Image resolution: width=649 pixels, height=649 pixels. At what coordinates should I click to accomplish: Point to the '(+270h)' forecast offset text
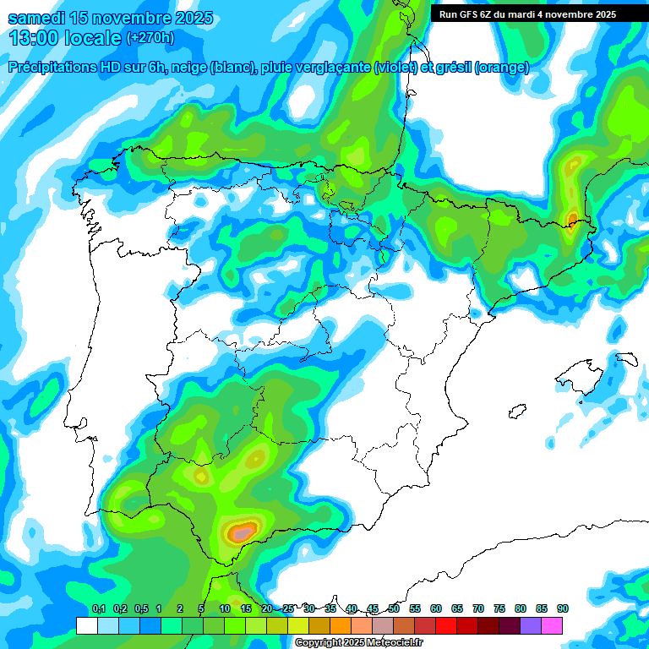150,38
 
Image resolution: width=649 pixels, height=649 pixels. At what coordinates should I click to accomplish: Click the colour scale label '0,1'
99,608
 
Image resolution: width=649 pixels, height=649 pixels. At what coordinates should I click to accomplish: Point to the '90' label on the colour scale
562,608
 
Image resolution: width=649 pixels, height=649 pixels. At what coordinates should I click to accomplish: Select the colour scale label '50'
394,608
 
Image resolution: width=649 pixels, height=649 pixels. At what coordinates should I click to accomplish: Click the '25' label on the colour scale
288,608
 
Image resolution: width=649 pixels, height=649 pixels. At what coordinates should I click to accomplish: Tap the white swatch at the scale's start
86,625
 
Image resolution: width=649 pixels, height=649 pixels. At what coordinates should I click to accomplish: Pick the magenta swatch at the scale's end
552,625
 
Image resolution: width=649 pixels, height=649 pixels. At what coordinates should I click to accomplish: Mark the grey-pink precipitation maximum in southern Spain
242,533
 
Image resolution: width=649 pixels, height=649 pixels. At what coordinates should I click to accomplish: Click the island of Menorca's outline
626,358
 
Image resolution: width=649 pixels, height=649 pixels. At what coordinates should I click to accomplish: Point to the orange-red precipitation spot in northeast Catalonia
573,219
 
